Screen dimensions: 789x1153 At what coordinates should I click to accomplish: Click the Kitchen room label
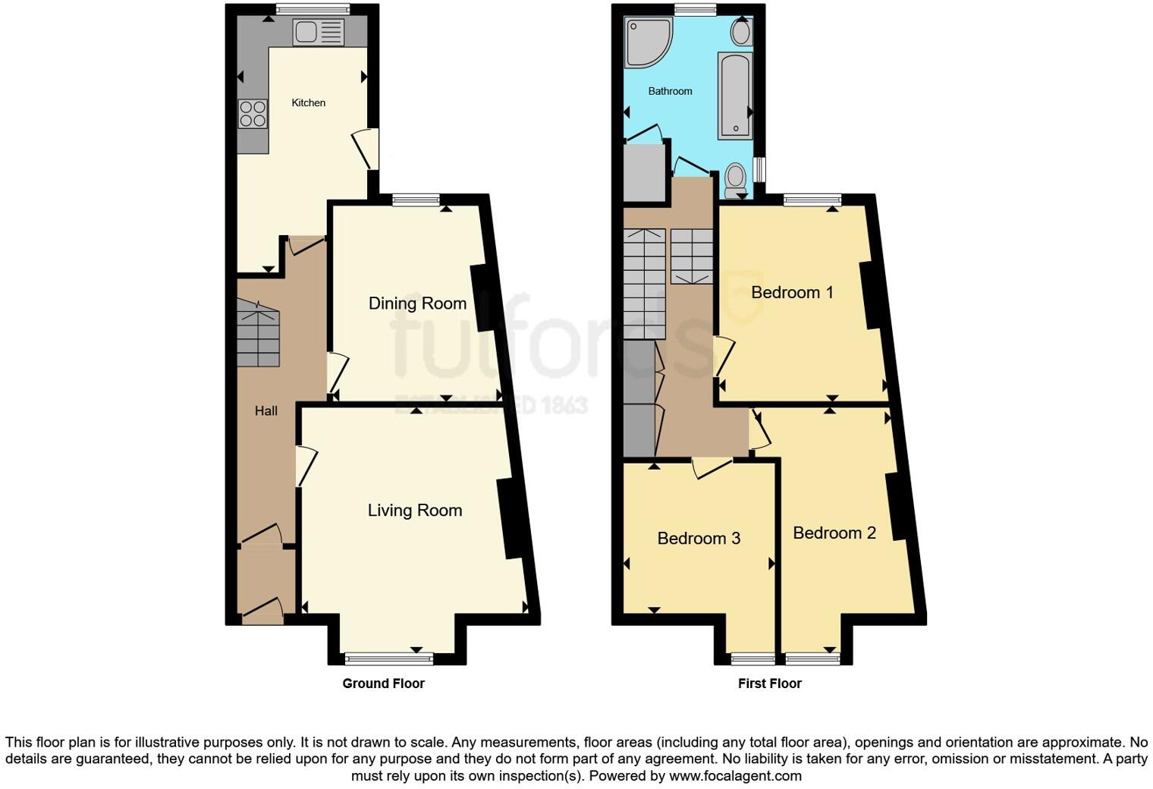309,102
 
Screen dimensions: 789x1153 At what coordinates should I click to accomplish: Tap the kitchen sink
318,33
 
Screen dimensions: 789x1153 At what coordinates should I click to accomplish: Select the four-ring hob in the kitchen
253,114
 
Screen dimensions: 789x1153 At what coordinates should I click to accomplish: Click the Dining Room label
417,303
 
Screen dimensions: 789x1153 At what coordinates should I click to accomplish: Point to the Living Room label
415,511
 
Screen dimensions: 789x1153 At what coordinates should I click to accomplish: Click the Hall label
266,411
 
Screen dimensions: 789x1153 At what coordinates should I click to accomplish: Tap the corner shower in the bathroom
647,42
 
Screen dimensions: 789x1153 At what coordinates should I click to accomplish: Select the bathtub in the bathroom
734,96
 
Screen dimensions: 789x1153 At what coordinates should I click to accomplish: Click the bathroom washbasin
740,32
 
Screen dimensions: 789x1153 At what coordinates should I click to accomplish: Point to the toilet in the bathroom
735,179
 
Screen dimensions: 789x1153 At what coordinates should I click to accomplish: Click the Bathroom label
670,91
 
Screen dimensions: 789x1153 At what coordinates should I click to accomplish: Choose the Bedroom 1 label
792,293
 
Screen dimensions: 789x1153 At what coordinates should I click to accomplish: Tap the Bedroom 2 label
834,533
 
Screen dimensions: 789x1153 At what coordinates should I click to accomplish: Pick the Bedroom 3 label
699,539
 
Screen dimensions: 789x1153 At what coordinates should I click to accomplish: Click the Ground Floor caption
383,684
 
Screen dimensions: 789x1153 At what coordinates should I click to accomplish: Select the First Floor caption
769,684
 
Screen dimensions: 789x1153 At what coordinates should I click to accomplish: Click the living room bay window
389,658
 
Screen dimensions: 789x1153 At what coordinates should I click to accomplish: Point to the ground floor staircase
258,334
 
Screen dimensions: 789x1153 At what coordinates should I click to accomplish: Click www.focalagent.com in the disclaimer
735,776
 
